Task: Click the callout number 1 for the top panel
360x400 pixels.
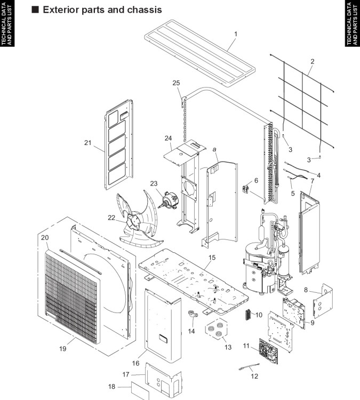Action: [x=236, y=34]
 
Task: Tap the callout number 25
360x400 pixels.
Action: [x=176, y=83]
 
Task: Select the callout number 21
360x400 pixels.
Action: [x=88, y=142]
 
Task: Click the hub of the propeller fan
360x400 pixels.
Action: [x=133, y=221]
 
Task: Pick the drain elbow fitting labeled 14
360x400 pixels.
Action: [x=193, y=314]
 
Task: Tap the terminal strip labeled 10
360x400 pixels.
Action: [x=247, y=314]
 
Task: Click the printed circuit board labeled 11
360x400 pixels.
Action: [x=268, y=350]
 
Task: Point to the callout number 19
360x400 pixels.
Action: [x=63, y=348]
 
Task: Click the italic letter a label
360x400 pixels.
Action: [x=214, y=149]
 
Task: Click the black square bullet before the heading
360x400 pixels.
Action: [x=35, y=10]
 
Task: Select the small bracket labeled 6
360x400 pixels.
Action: [x=246, y=189]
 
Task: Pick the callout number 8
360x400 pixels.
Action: [x=306, y=290]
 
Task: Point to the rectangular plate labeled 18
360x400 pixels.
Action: [x=140, y=390]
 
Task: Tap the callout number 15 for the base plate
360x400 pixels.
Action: [x=212, y=258]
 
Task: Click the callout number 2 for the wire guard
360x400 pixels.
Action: [x=313, y=61]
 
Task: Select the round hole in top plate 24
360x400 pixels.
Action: [x=180, y=154]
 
